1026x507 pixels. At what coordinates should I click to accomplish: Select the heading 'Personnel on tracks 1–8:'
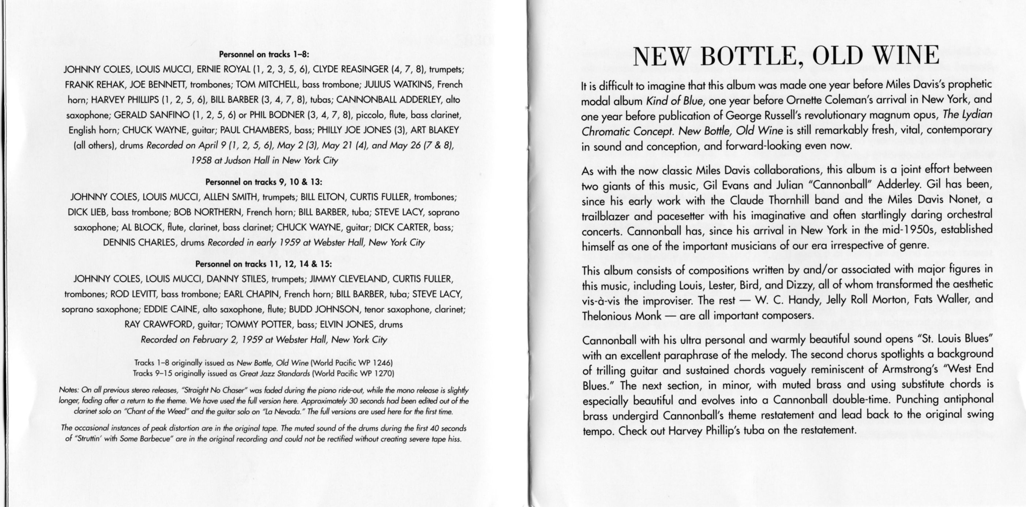click(264, 54)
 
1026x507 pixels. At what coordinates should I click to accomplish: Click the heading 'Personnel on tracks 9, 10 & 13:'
click(264, 182)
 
